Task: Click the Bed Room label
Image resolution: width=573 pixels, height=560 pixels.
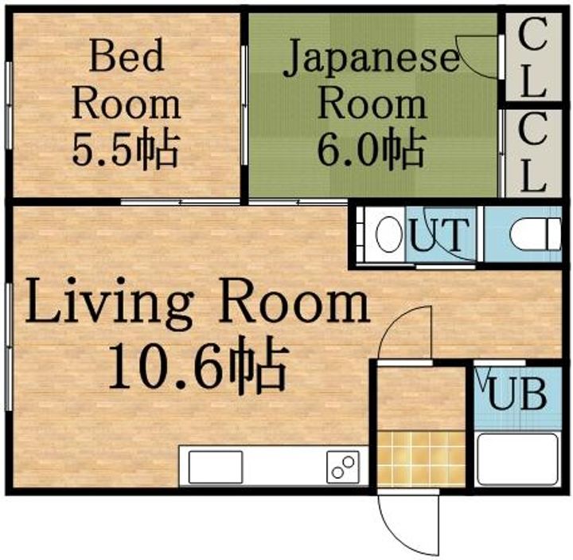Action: click(x=126, y=79)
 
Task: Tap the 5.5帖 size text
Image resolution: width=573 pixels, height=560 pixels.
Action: click(x=126, y=148)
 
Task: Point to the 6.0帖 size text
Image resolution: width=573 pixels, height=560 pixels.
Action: click(x=372, y=148)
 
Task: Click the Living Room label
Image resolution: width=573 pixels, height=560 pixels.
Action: click(x=197, y=303)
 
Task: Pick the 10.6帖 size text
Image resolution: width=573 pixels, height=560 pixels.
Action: click(x=197, y=365)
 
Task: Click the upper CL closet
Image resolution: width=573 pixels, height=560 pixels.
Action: click(x=533, y=57)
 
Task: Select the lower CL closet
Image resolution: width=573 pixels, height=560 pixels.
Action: click(x=533, y=152)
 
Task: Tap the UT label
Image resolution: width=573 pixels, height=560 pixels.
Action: click(x=439, y=234)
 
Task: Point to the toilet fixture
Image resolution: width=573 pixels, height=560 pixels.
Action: click(x=535, y=234)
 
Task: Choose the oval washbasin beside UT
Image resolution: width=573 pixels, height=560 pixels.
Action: click(x=389, y=234)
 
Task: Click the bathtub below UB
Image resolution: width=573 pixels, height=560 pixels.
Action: click(x=518, y=460)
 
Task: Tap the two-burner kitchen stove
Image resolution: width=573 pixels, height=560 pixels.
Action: click(x=343, y=467)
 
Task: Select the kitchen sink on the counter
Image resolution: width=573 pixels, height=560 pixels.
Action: click(x=216, y=467)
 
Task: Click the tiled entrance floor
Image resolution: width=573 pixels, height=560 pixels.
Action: click(x=421, y=459)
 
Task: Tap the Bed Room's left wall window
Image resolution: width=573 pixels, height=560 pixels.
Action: click(x=9, y=105)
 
